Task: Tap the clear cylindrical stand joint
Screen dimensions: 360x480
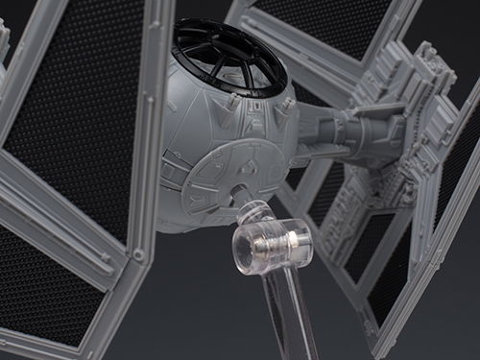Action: [272, 247]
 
